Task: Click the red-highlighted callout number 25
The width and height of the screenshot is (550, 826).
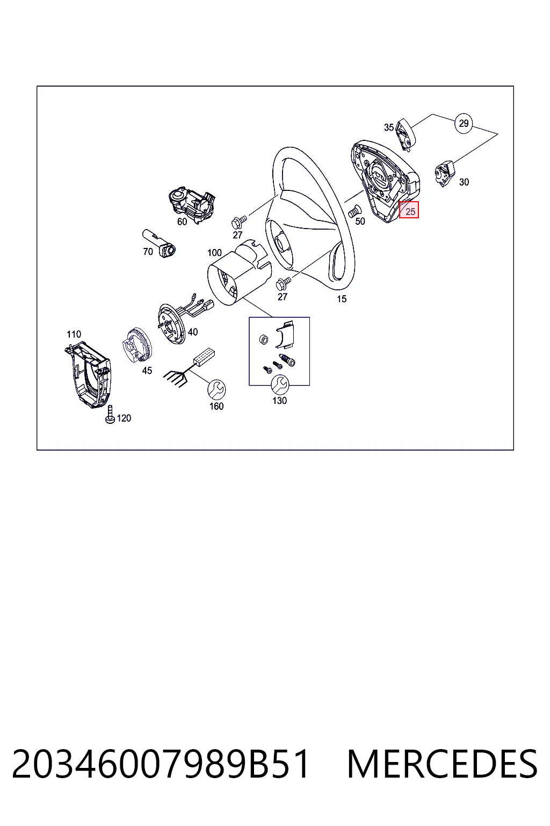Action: point(409,210)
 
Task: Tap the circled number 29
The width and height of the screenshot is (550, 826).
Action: point(464,123)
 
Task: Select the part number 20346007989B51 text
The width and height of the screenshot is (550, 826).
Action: point(160,764)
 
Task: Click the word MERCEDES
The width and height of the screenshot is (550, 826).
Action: point(442,764)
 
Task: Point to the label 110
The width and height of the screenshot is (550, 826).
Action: point(74,334)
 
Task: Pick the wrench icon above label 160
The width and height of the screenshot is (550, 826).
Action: point(216,389)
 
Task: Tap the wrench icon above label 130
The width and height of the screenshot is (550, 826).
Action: point(280,384)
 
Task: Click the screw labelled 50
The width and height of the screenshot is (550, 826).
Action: point(354,211)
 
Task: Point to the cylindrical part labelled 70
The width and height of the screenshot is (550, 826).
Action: point(159,243)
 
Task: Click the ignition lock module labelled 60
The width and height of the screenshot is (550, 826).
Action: point(192,205)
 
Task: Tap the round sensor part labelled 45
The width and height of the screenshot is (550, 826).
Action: point(136,346)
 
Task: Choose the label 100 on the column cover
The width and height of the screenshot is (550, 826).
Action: point(214,253)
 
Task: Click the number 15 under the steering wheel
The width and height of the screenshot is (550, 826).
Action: point(342,299)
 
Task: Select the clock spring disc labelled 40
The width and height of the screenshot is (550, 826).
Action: point(171,323)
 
